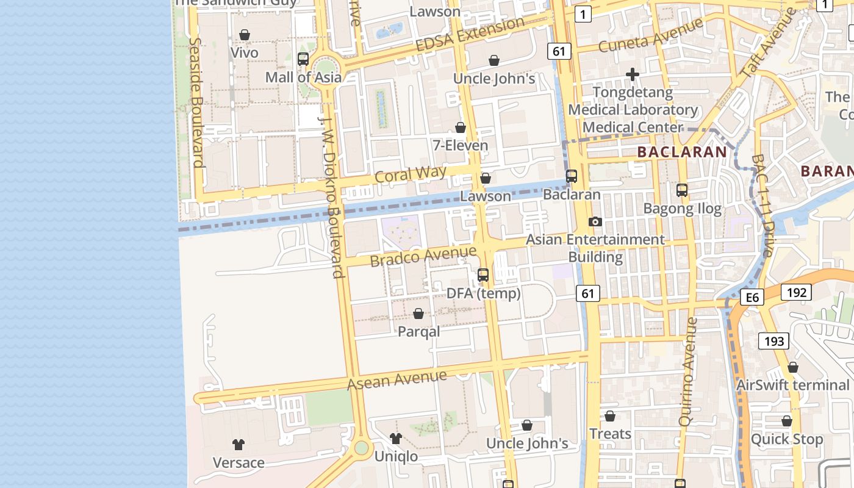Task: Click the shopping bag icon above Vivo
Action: pyautogui.click(x=245, y=35)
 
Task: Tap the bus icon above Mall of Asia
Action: pyautogui.click(x=303, y=59)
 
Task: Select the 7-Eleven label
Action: pyautogui.click(x=461, y=145)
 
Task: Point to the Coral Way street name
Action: pyautogui.click(x=411, y=174)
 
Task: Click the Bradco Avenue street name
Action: pyautogui.click(x=423, y=256)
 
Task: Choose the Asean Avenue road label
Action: pyautogui.click(x=396, y=380)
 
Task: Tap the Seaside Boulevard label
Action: pyautogui.click(x=196, y=102)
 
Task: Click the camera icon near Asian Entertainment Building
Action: pyautogui.click(x=595, y=221)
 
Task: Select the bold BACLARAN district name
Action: pyautogui.click(x=681, y=152)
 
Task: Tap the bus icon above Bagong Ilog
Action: pyautogui.click(x=682, y=190)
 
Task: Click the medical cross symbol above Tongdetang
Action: pyautogui.click(x=633, y=75)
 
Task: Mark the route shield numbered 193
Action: pyautogui.click(x=774, y=341)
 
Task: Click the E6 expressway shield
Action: pyautogui.click(x=752, y=297)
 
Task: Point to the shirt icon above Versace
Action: pyautogui.click(x=239, y=444)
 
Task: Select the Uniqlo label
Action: pyautogui.click(x=396, y=456)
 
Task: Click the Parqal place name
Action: pyautogui.click(x=418, y=332)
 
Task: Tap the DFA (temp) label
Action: pyautogui.click(x=484, y=293)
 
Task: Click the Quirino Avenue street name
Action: pyautogui.click(x=687, y=371)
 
